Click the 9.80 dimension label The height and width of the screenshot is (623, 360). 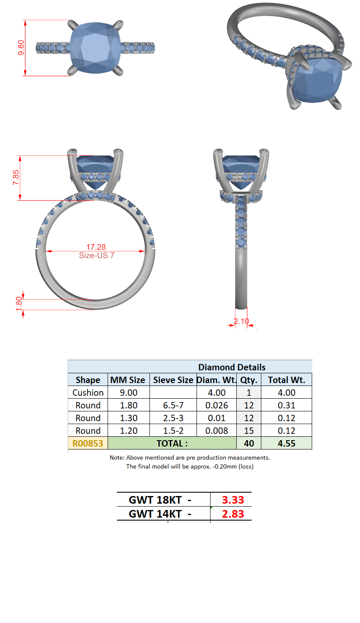21,47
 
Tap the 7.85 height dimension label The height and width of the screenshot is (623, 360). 16,177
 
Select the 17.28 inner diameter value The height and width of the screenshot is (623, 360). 96,247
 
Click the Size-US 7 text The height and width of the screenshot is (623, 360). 97,255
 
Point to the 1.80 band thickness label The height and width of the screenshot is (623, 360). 19,304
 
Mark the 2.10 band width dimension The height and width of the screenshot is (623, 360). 241,321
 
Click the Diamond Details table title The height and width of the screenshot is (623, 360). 232,367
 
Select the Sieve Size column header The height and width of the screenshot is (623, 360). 173,380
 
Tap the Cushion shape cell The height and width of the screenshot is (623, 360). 88,392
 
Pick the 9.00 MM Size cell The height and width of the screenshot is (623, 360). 129,392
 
